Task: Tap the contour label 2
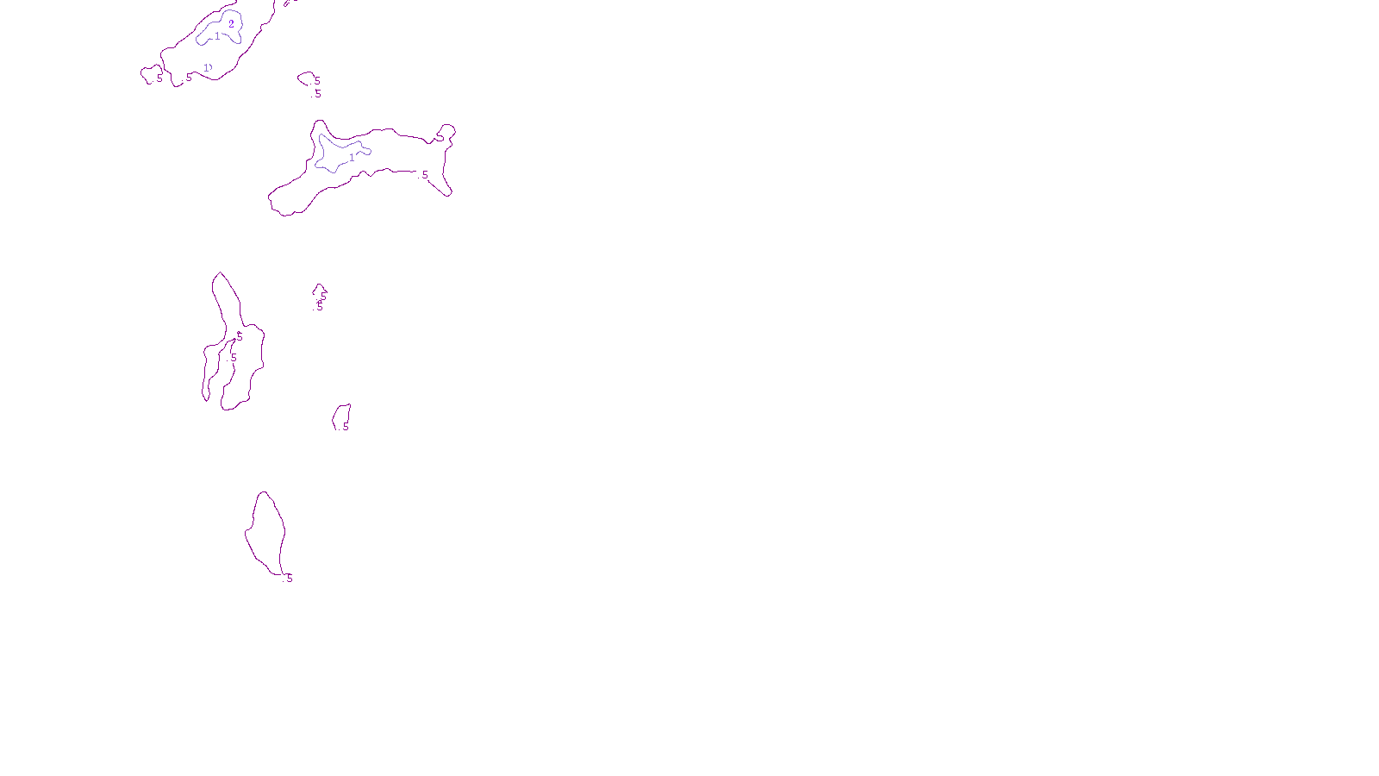click(231, 24)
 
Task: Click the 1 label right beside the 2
click(217, 35)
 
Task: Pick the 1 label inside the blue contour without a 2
click(352, 158)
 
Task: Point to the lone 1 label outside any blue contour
click(207, 67)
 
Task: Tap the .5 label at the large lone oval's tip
click(288, 579)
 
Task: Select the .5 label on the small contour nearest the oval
click(345, 427)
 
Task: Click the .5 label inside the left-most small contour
click(159, 78)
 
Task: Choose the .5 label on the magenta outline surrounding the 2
click(188, 78)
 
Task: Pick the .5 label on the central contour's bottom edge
click(424, 175)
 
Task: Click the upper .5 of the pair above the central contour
click(316, 81)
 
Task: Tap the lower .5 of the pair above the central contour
click(317, 94)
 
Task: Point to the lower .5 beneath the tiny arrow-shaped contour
click(319, 306)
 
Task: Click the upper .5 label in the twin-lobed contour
click(239, 337)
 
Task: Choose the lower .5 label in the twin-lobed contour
click(233, 358)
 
